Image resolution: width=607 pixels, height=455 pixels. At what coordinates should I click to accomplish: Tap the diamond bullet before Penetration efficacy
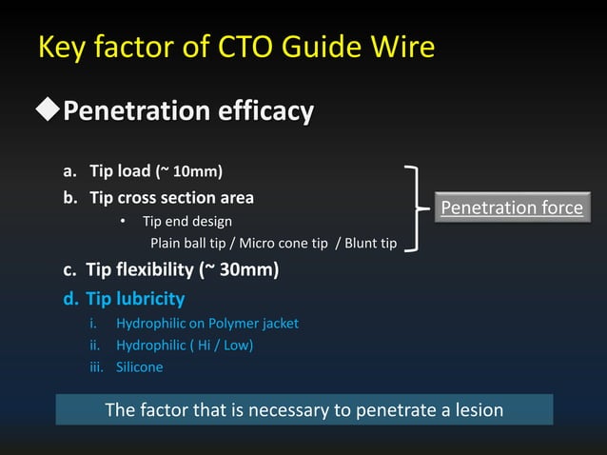pyautogui.click(x=47, y=111)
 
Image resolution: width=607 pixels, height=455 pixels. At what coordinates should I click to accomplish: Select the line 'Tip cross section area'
pyautogui.click(x=171, y=198)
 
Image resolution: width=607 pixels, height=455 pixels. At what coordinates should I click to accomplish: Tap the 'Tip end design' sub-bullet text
pyautogui.click(x=187, y=222)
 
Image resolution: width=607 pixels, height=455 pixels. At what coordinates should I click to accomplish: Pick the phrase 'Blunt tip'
pyautogui.click(x=370, y=244)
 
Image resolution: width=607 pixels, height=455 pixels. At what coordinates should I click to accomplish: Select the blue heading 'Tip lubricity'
pyautogui.click(x=134, y=298)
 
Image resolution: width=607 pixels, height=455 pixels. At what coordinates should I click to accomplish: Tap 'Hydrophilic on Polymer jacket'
pyautogui.click(x=206, y=324)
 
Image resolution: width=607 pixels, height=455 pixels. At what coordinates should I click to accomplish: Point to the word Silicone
pyautogui.click(x=139, y=367)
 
